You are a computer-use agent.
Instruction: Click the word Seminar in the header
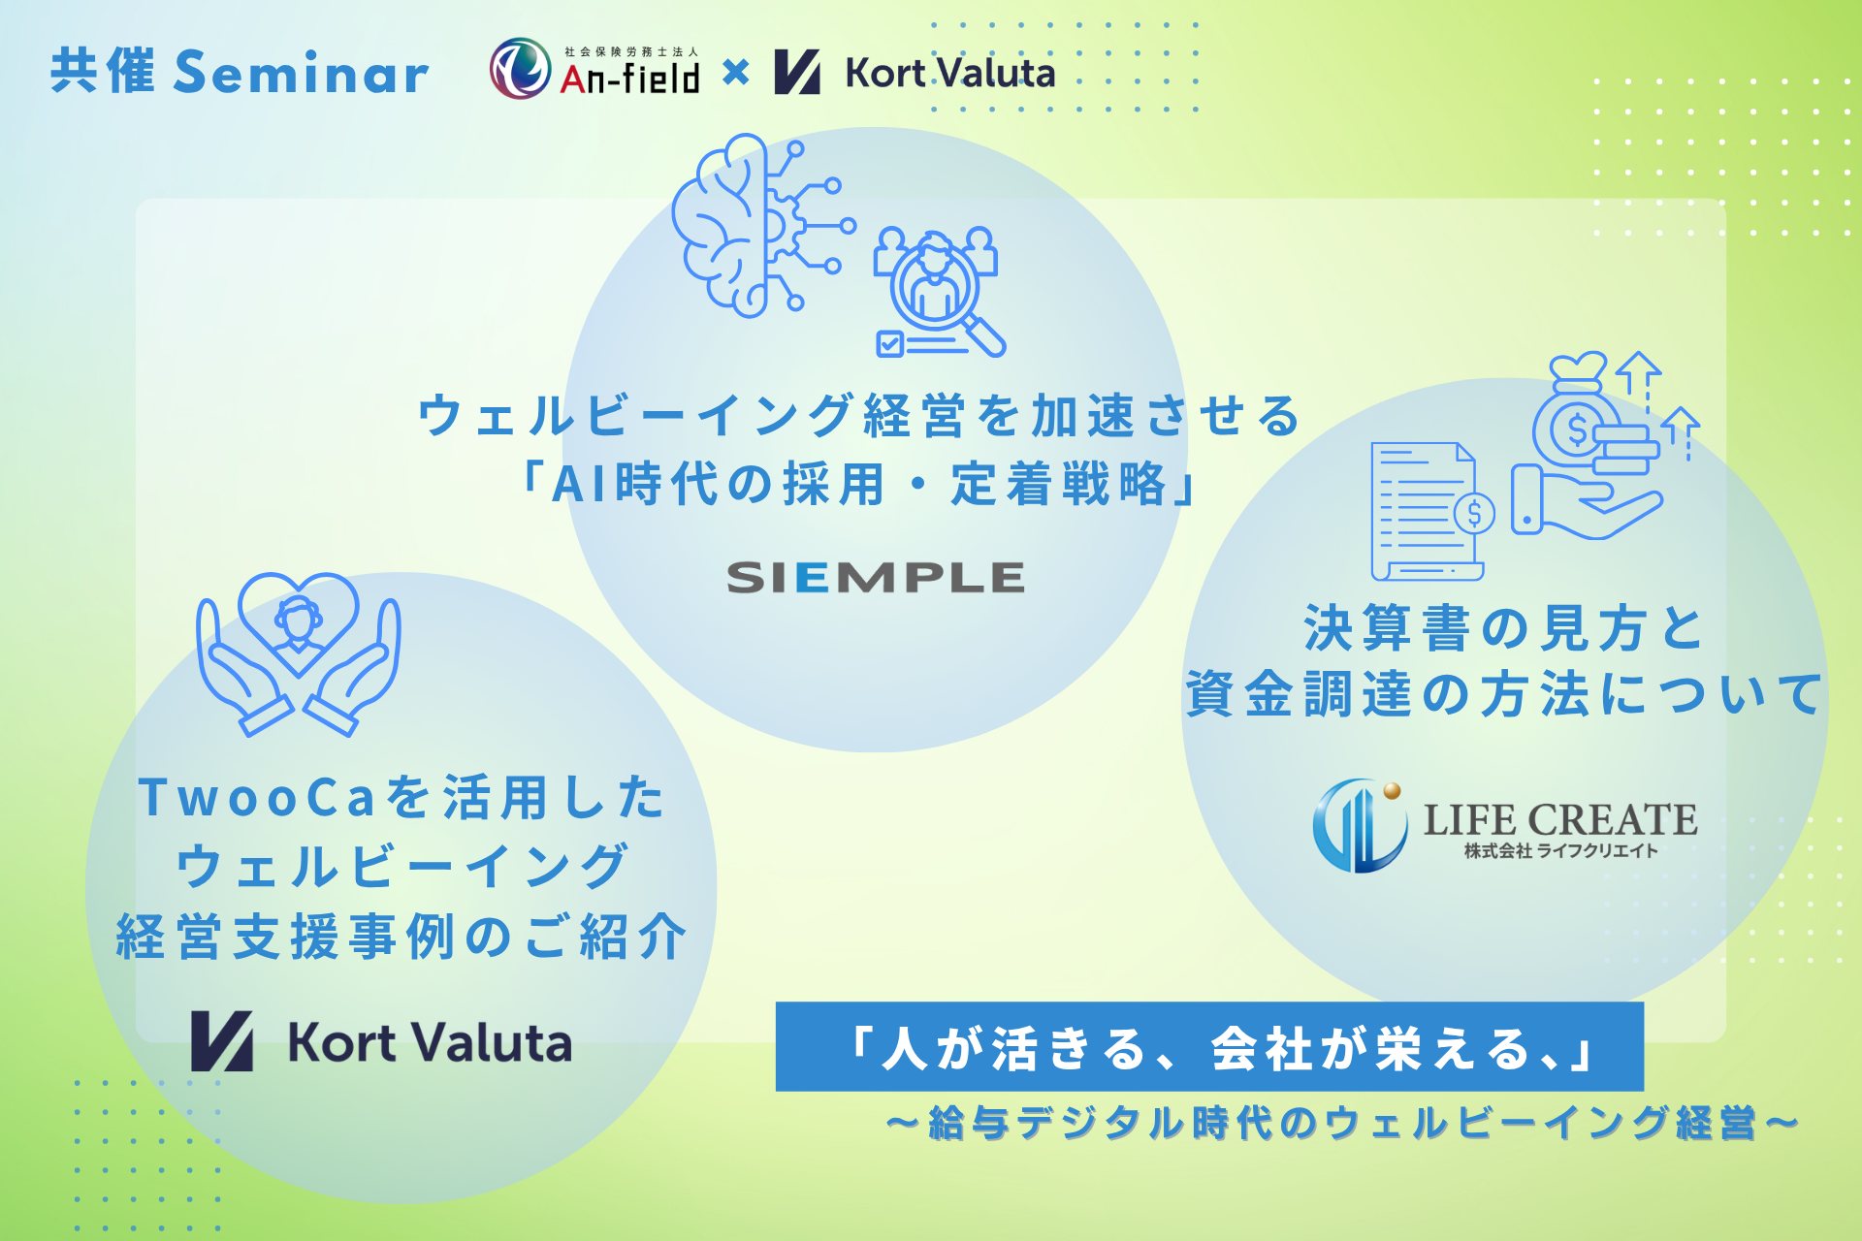301,73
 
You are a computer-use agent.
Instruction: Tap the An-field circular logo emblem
520,69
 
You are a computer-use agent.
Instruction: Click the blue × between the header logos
736,72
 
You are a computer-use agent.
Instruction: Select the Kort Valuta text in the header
950,73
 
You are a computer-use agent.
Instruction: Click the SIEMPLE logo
876,578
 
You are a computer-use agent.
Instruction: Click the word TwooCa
257,798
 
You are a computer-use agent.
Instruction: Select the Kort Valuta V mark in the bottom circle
222,1041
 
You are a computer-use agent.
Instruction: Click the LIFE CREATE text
1560,820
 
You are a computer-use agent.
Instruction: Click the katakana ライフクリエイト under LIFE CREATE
1602,851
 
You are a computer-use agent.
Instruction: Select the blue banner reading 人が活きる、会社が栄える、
1209,1047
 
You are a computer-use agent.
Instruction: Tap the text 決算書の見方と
1504,627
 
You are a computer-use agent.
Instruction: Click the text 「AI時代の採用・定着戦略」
859,484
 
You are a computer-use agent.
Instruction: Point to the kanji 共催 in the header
103,72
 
